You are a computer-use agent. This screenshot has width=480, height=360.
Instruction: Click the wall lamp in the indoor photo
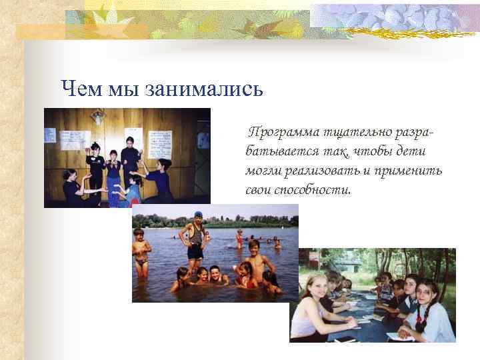[x=99, y=119]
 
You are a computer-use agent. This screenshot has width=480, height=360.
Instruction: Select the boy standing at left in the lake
[x=141, y=253]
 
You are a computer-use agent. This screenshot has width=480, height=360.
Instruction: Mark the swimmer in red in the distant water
[x=239, y=239]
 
